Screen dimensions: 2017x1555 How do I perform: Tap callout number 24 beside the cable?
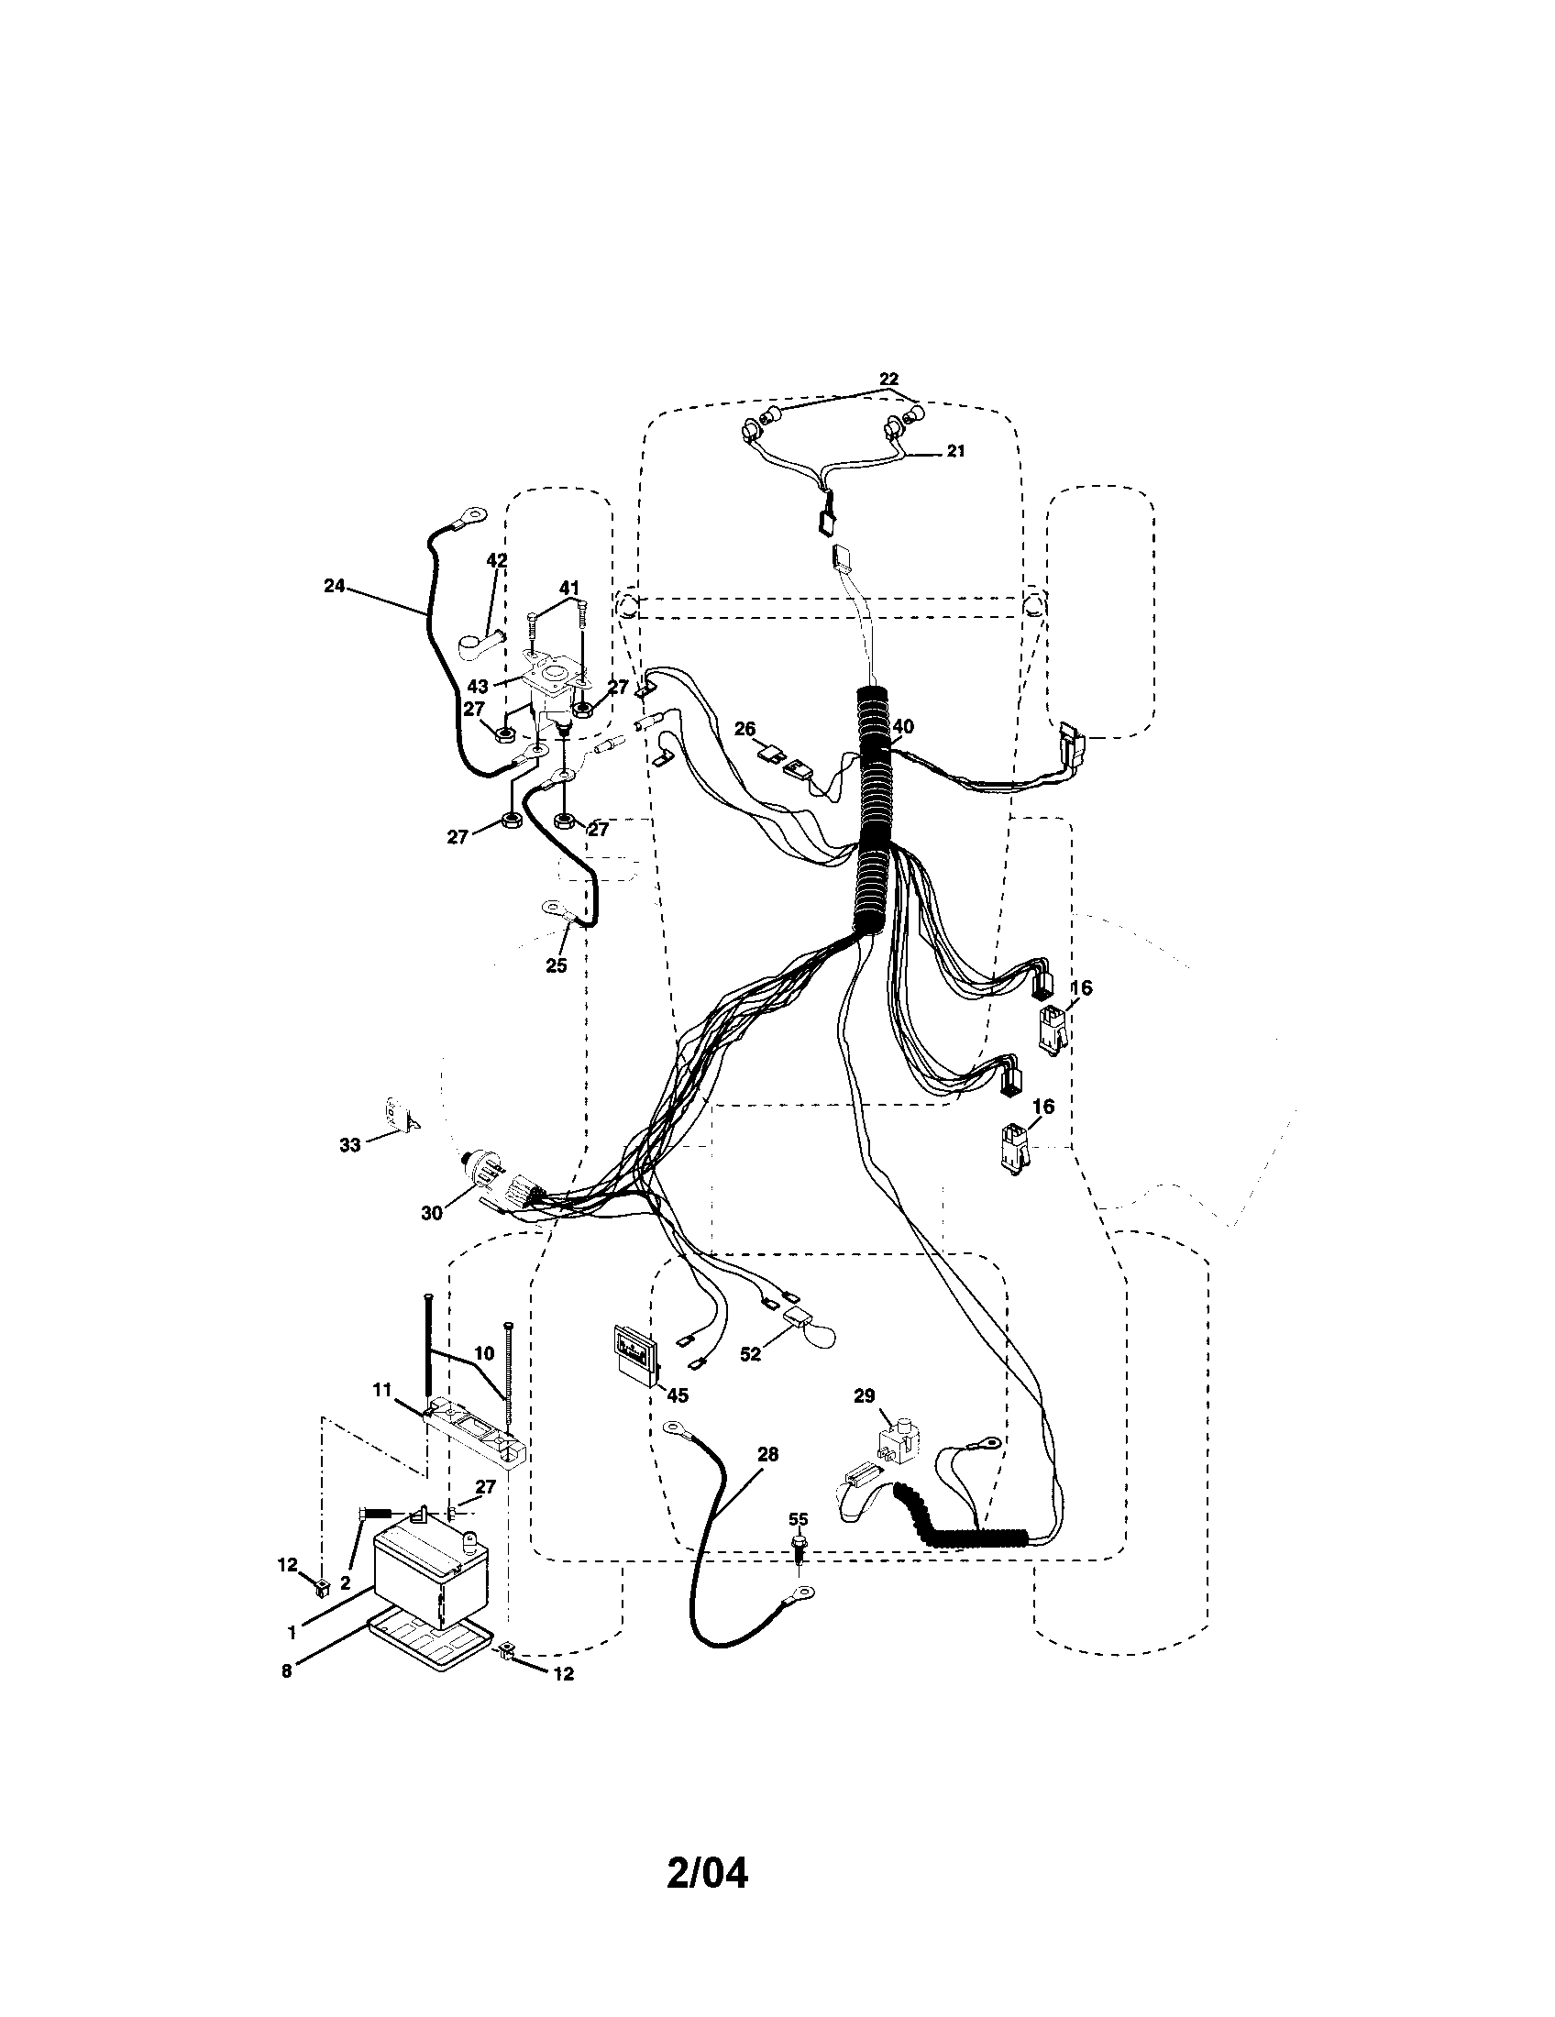point(334,586)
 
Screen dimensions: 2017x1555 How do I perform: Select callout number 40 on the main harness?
point(902,727)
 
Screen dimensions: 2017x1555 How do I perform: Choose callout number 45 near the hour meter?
point(677,1421)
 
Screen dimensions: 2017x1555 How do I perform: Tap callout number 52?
point(751,1354)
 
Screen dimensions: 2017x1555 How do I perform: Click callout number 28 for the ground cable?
point(766,1455)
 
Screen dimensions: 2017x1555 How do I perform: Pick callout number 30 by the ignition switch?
point(432,1213)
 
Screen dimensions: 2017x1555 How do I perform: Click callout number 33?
point(349,1145)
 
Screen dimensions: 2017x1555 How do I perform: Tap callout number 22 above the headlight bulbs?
point(888,380)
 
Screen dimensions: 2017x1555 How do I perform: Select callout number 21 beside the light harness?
point(955,452)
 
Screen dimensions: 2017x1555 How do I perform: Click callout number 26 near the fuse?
point(745,730)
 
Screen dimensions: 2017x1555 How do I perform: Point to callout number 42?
point(497,559)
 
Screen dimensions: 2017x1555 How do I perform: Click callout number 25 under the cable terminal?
point(556,966)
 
